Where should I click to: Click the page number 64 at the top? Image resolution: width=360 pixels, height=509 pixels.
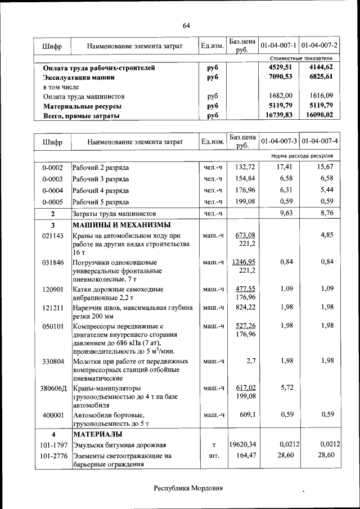tap(186, 26)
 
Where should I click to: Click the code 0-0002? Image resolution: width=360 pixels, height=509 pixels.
tap(52, 168)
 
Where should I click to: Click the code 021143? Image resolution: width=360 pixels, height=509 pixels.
tap(52, 236)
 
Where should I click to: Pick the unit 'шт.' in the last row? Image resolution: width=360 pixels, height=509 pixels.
tap(214, 456)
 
